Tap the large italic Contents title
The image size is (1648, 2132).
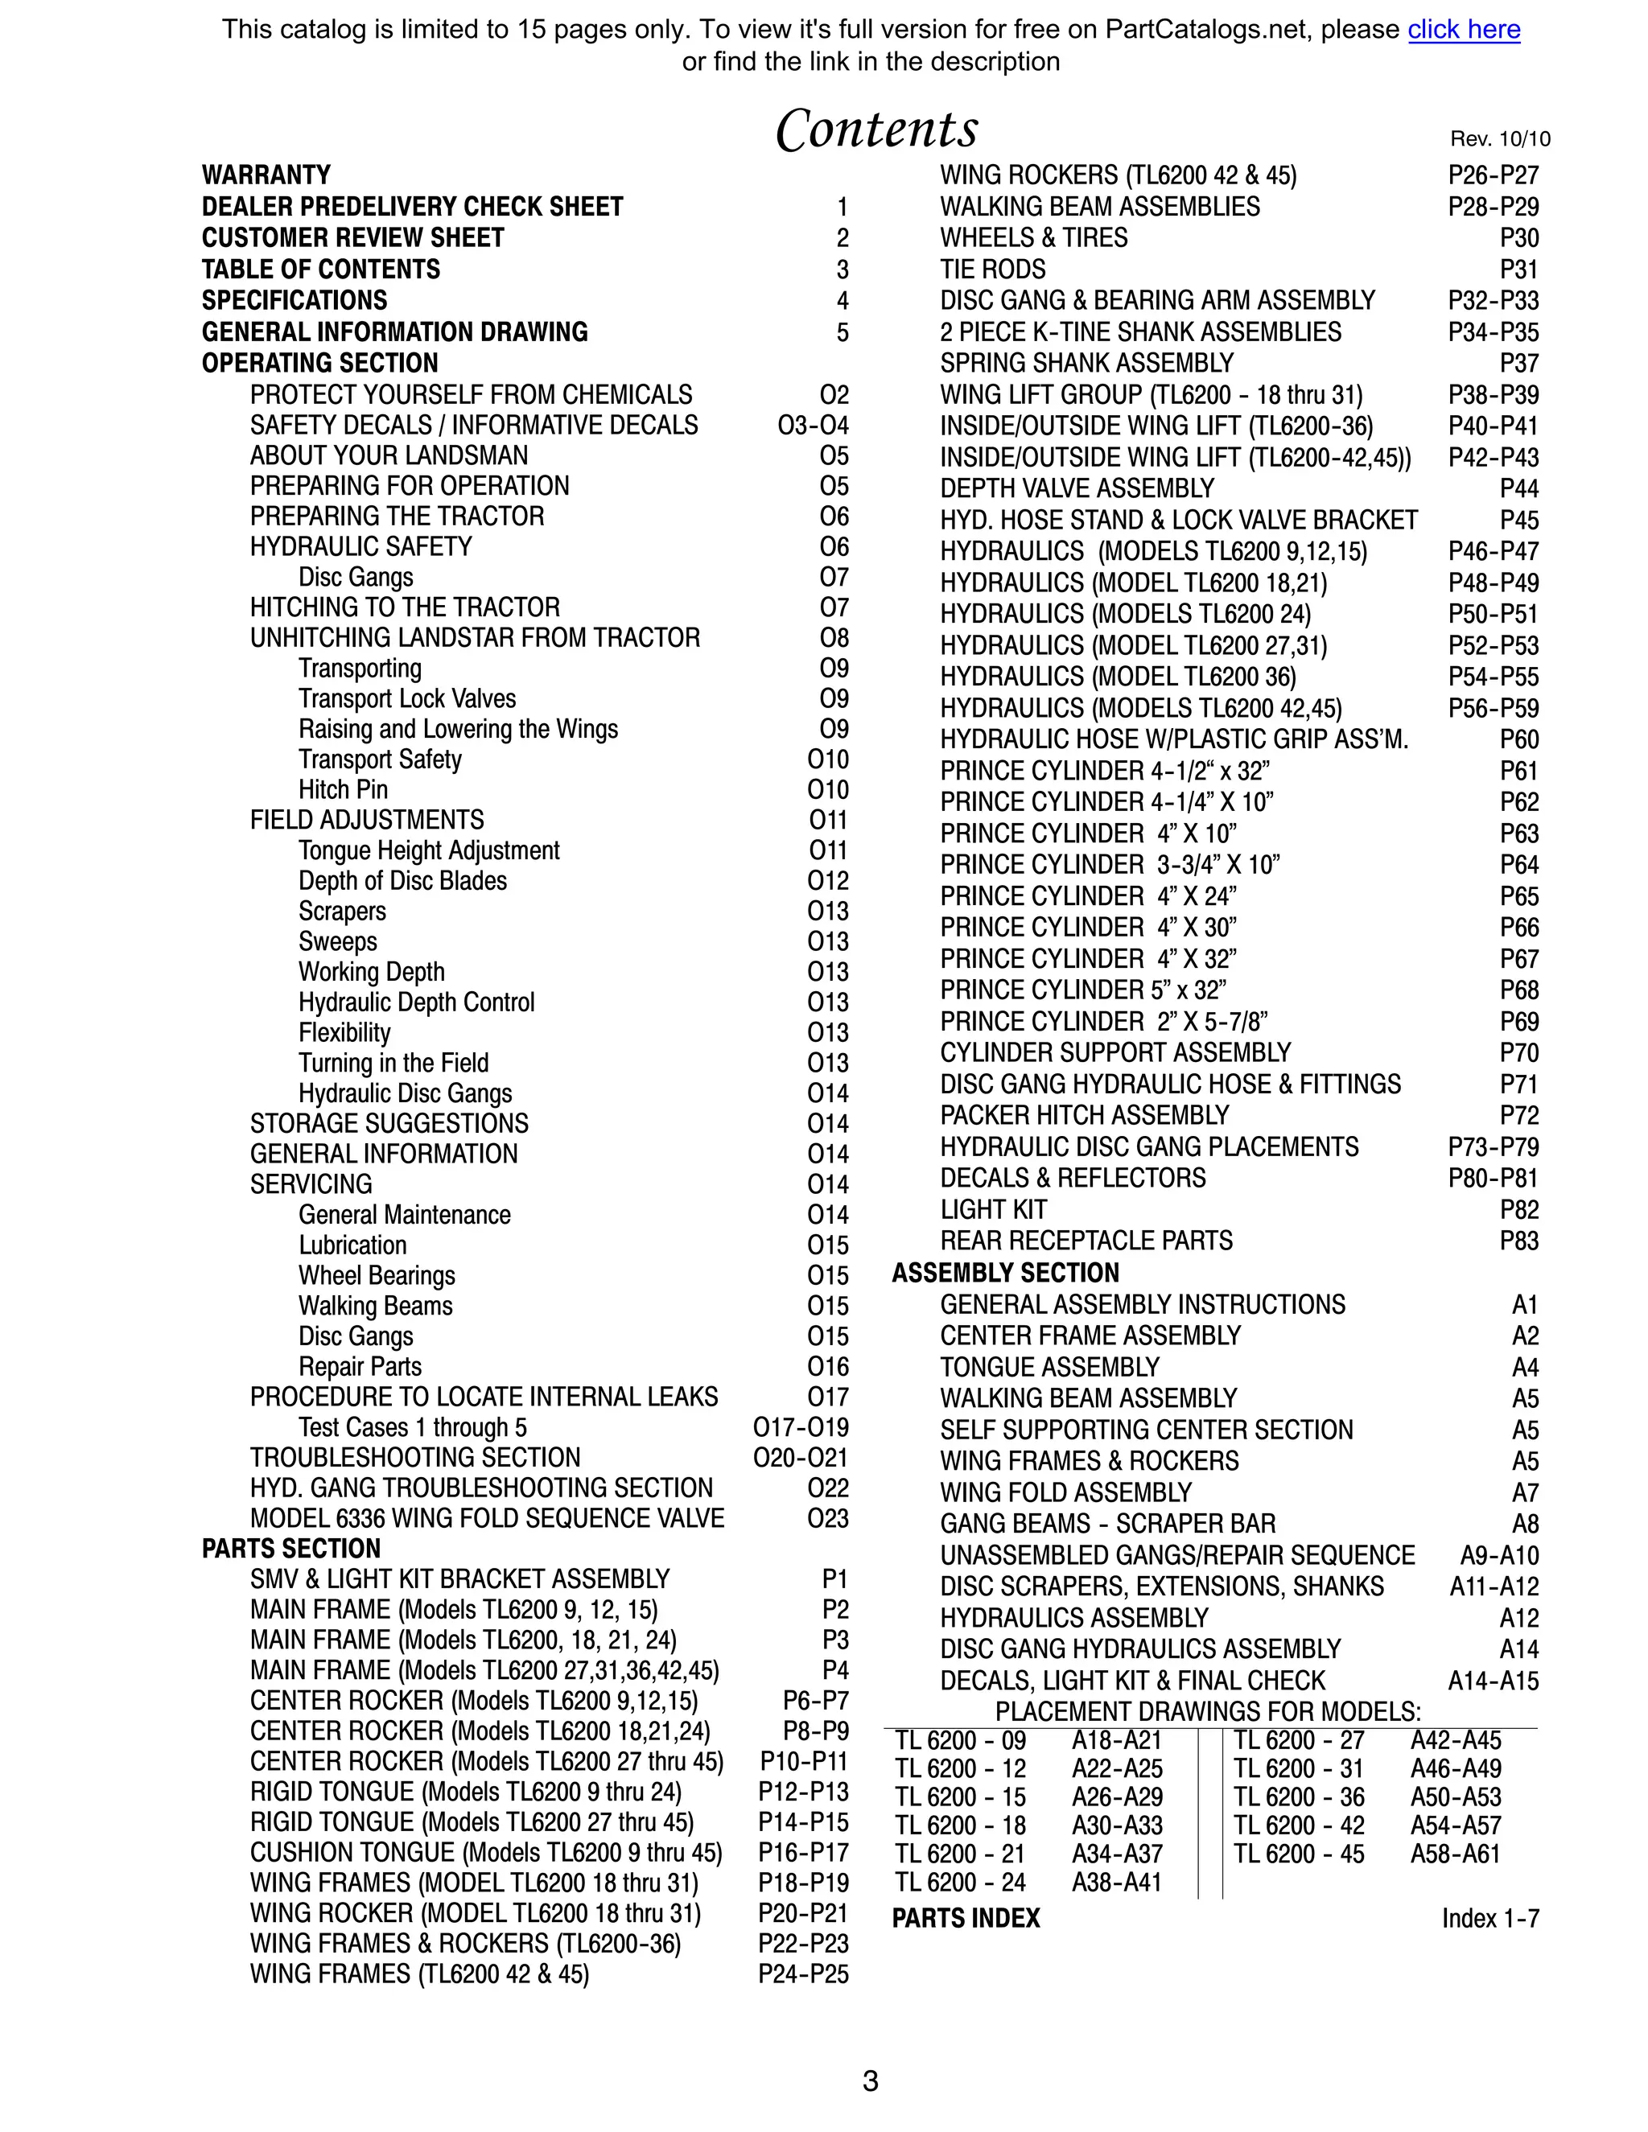coord(875,130)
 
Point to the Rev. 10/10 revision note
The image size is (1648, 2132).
coord(1500,138)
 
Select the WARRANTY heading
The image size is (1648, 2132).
coord(266,175)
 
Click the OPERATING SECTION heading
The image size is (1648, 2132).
coord(319,363)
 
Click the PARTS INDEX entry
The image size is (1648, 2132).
coord(966,1918)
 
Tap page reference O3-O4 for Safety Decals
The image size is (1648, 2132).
coord(812,426)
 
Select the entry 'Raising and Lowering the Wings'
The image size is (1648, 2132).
coord(458,729)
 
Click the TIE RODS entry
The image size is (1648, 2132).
coord(992,270)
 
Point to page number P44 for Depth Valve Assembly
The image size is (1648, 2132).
coord(1518,488)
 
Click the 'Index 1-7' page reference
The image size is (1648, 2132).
coord(1489,1918)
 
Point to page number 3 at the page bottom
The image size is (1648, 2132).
coord(870,2082)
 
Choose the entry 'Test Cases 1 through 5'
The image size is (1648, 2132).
coord(412,1427)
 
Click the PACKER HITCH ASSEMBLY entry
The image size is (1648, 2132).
coord(1084,1115)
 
